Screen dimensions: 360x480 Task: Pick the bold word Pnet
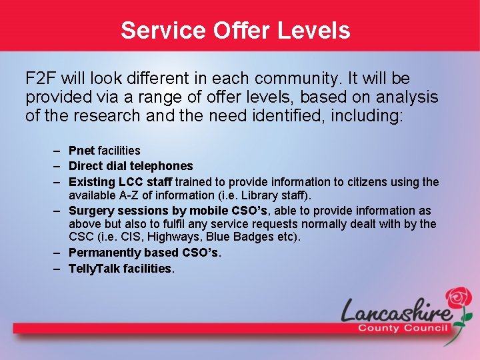click(81, 151)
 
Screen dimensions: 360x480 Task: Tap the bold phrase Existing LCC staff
click(120, 181)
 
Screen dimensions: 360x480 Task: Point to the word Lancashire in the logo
click(395, 311)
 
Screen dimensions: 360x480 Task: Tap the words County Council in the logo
click(403, 328)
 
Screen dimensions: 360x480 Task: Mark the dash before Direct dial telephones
click(59, 166)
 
